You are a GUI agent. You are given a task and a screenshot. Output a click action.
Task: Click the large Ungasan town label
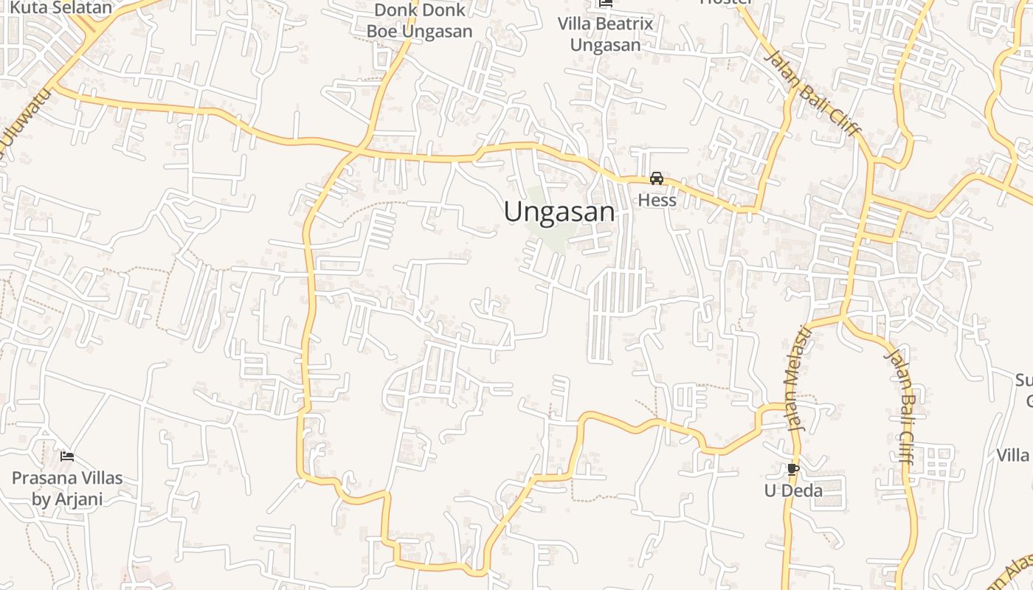(x=559, y=212)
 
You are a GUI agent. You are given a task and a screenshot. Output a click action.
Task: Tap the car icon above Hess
(x=656, y=178)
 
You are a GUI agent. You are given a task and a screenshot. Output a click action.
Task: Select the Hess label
(x=656, y=200)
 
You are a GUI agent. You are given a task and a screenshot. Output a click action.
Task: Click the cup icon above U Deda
(x=793, y=469)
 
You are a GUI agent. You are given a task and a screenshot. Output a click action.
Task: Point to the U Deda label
(x=793, y=490)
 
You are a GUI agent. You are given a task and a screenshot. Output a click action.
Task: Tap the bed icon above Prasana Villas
(x=67, y=457)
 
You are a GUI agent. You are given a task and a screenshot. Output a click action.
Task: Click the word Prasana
(x=43, y=478)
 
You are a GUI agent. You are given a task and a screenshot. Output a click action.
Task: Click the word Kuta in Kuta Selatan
(x=27, y=9)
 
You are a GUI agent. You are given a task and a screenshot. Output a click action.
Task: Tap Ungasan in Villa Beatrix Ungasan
(x=605, y=45)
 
